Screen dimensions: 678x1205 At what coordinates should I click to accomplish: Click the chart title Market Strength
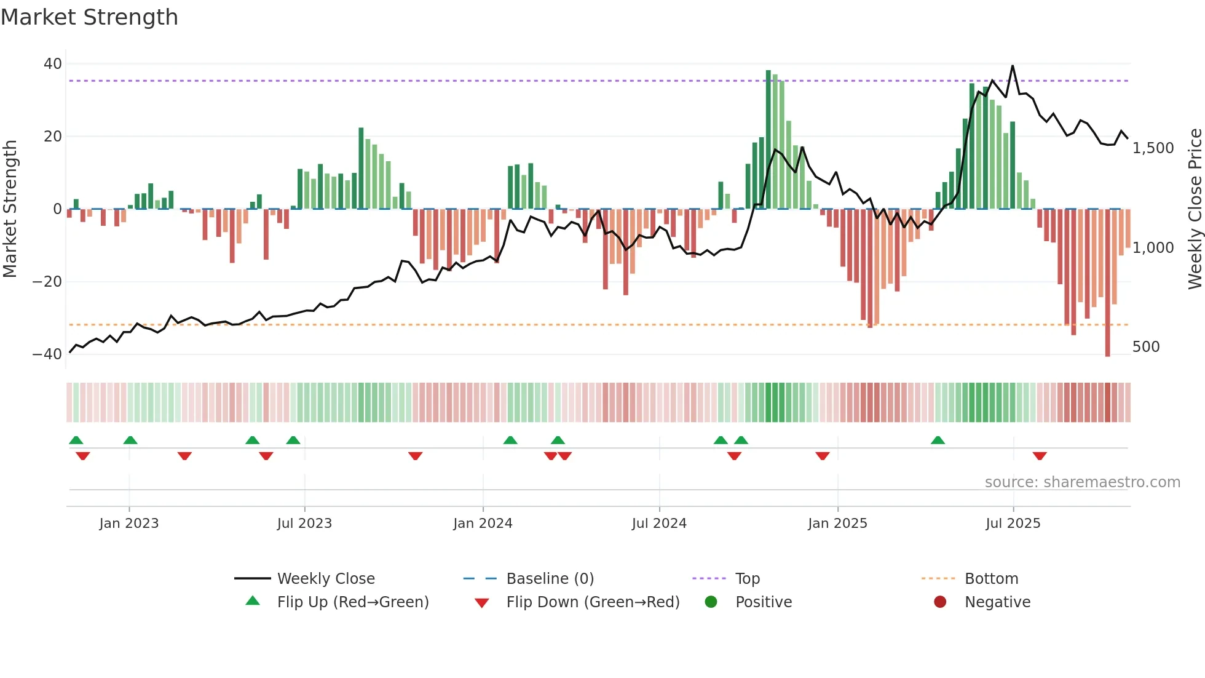(x=89, y=17)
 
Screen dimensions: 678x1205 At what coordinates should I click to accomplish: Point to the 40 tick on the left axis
(x=53, y=64)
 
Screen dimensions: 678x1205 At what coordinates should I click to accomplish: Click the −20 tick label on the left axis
(x=47, y=282)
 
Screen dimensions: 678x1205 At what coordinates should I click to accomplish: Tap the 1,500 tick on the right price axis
(x=1153, y=148)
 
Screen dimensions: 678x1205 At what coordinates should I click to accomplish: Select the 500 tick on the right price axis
(x=1146, y=347)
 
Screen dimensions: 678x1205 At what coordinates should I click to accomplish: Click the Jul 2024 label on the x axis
(x=659, y=524)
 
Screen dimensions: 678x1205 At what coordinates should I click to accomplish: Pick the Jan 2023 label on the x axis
(x=129, y=524)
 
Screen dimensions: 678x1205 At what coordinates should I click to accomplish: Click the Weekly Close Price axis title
(x=1195, y=209)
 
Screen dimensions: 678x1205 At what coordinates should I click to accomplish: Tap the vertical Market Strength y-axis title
(x=10, y=209)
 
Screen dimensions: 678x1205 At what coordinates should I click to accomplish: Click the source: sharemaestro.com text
(x=1082, y=482)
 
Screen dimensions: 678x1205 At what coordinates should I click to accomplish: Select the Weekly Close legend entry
(x=326, y=579)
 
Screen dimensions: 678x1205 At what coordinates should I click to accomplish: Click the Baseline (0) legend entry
(x=550, y=579)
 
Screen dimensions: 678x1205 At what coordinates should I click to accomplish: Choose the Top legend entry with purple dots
(x=747, y=579)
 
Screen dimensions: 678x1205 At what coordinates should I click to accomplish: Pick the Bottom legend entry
(x=991, y=579)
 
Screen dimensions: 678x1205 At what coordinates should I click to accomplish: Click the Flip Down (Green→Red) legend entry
(x=593, y=602)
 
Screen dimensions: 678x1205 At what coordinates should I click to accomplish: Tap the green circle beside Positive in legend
(x=711, y=602)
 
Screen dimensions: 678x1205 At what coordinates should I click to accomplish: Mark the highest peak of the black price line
(x=1013, y=66)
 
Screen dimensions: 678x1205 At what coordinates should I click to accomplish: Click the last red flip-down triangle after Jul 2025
(x=1040, y=456)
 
